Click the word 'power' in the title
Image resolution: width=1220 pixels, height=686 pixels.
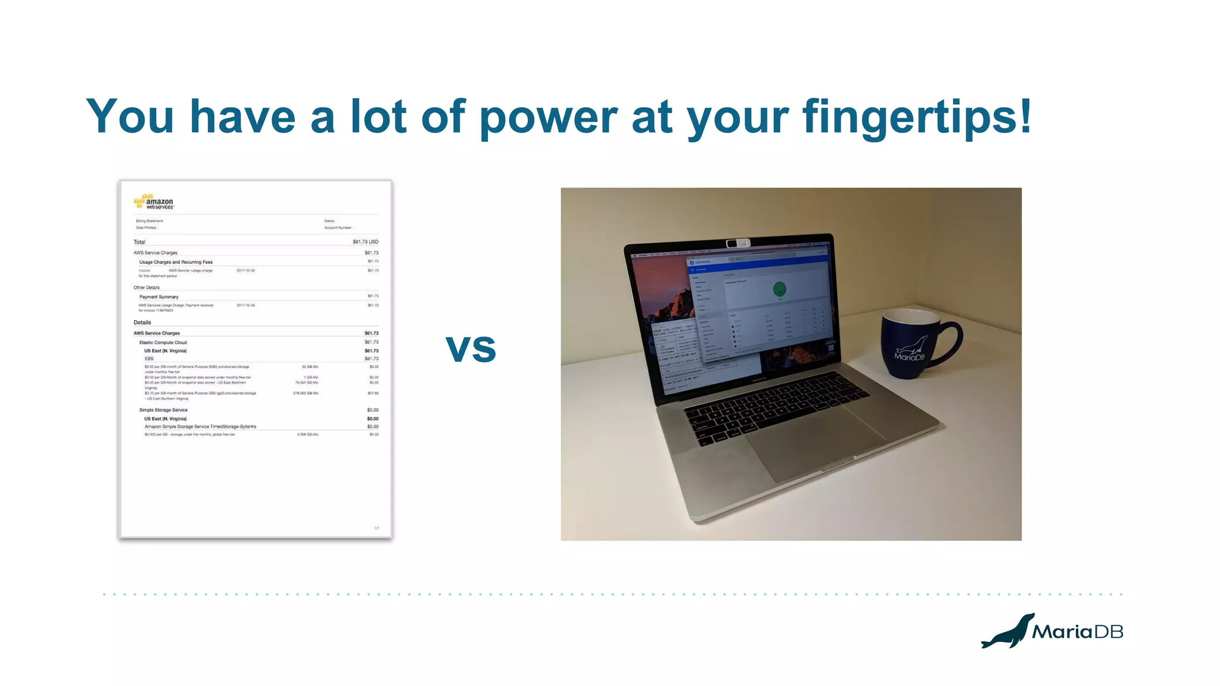tap(548, 117)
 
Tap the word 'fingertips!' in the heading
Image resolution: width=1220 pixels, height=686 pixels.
tap(916, 117)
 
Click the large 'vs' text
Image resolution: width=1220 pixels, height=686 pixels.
tap(471, 349)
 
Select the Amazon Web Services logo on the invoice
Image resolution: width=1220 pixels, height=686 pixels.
tap(154, 202)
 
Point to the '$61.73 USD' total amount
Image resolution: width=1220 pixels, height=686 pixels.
tap(365, 242)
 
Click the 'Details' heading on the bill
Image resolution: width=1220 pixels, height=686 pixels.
tap(142, 323)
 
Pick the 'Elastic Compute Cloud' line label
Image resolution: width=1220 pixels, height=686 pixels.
tap(163, 342)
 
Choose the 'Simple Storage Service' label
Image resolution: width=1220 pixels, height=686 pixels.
tap(163, 410)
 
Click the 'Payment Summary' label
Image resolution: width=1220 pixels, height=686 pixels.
tap(159, 297)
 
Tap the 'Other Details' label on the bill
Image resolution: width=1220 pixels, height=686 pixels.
tap(147, 288)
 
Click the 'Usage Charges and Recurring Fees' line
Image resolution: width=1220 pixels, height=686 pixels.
tap(176, 262)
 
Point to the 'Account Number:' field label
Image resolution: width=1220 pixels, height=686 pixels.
tap(338, 227)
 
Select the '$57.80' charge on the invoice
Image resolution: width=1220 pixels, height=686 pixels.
tap(373, 393)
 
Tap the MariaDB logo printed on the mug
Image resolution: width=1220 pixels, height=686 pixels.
tap(910, 351)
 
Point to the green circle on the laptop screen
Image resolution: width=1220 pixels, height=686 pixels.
tap(779, 289)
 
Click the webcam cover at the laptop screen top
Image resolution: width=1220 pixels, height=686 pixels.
tap(737, 243)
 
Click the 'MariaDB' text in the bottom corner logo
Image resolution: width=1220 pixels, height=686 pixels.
tap(1077, 632)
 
